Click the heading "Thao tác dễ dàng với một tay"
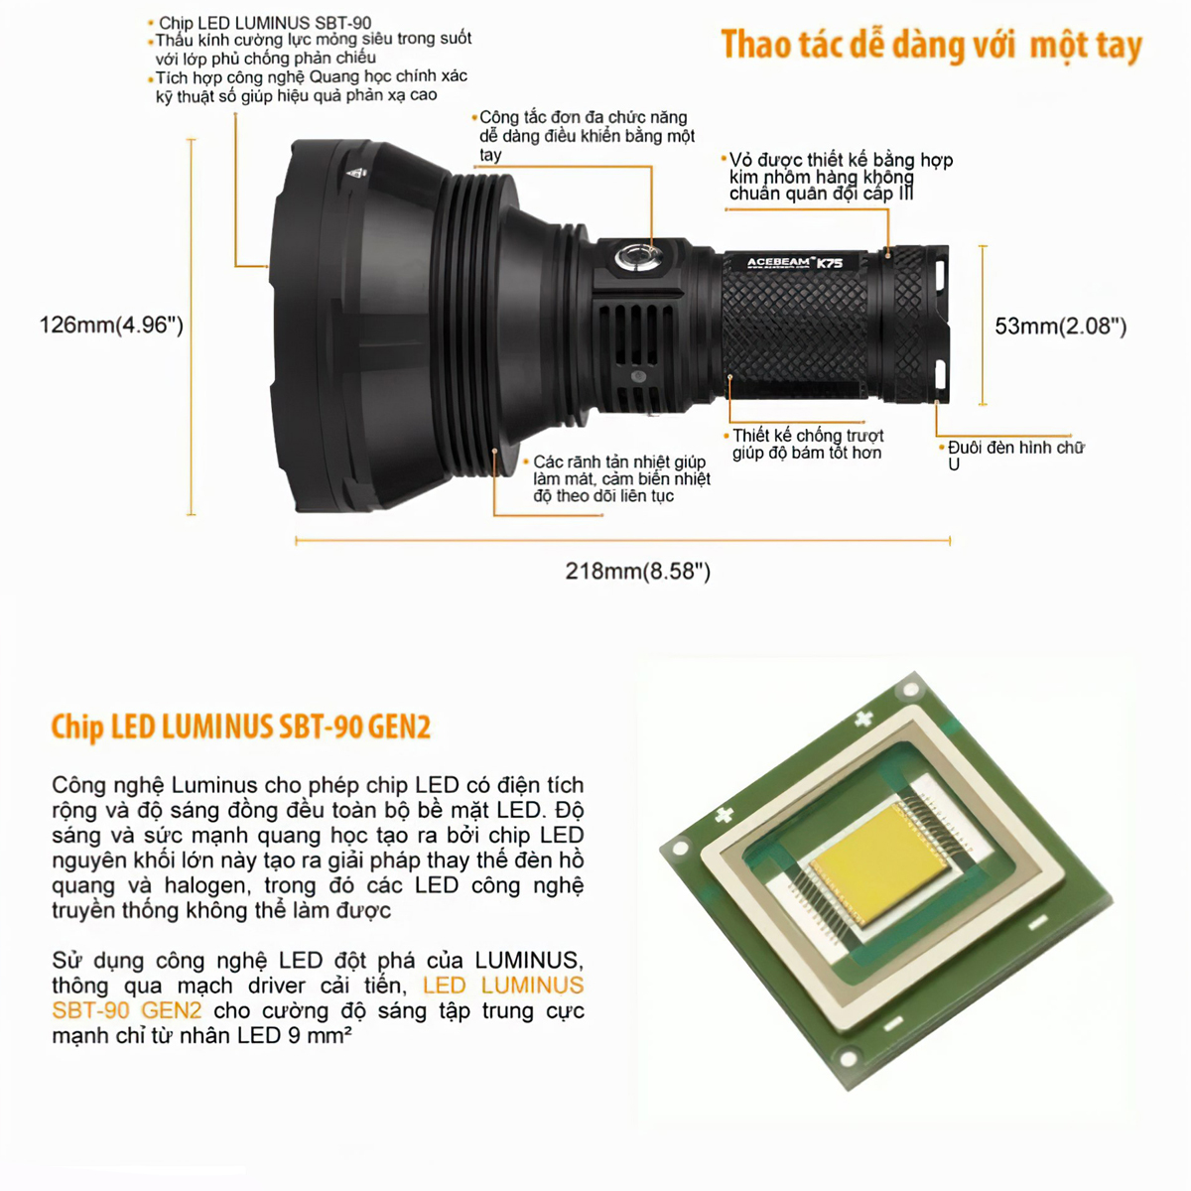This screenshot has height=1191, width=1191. [931, 46]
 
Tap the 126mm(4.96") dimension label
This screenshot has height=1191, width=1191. [111, 326]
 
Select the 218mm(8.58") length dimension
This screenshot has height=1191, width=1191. [638, 571]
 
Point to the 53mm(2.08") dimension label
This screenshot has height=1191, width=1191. [1061, 327]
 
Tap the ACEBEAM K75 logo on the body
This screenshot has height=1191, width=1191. [795, 263]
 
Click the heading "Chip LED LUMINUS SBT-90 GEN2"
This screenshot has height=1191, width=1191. [241, 727]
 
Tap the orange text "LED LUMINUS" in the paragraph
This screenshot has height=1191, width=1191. [503, 986]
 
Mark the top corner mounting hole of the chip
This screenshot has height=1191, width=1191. [910, 690]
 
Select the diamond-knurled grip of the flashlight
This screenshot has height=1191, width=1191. [795, 328]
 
